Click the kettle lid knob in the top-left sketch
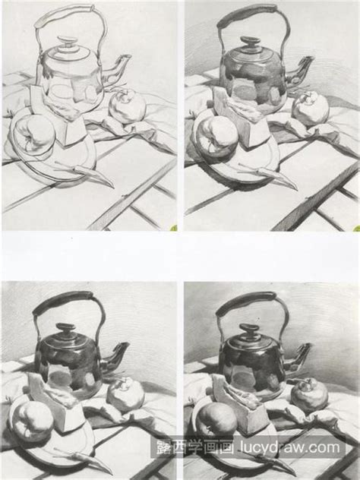click(x=68, y=42)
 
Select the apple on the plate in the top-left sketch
click(x=33, y=134)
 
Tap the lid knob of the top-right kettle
click(x=250, y=43)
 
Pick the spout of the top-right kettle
click(x=299, y=71)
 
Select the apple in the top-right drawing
click(x=216, y=137)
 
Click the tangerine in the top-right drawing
click(x=311, y=109)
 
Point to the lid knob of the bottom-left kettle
click(x=65, y=330)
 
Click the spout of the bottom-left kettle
click(x=115, y=357)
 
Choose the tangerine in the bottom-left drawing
click(x=125, y=395)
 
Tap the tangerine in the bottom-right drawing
click(x=309, y=396)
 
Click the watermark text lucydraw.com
click(x=290, y=447)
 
